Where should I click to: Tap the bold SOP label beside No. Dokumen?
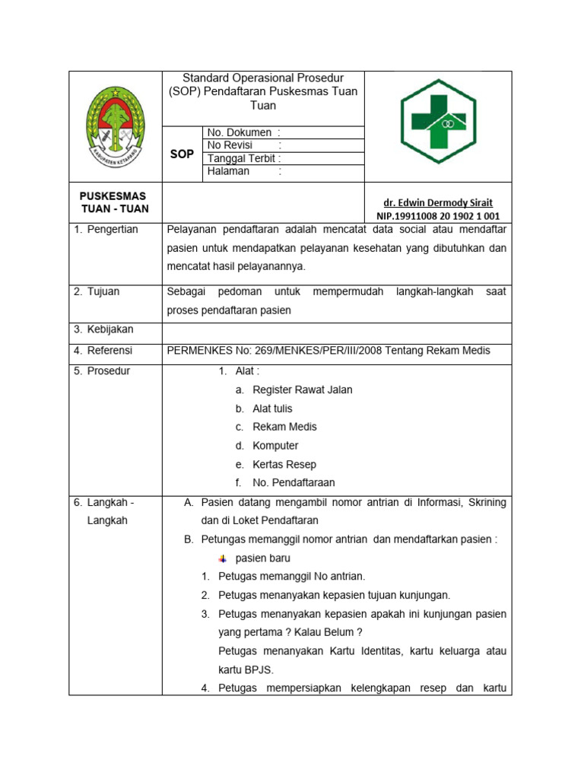tap(182, 154)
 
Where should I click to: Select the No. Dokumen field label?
tap(238, 133)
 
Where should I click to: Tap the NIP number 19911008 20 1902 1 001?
tap(438, 216)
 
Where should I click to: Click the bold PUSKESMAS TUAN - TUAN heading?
tap(115, 202)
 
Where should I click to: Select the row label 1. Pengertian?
tap(106, 230)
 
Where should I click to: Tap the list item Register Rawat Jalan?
tap(302, 389)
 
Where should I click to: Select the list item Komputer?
tap(275, 446)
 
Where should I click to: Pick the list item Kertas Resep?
tap(284, 464)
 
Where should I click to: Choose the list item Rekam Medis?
tap(284, 427)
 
